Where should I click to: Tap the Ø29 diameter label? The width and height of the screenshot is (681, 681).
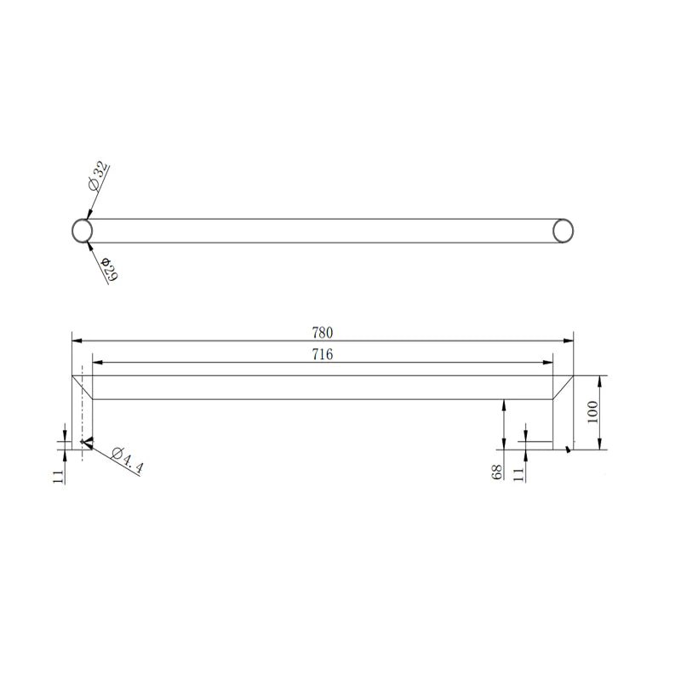(109, 269)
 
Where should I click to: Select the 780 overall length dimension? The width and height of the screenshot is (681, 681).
(322, 332)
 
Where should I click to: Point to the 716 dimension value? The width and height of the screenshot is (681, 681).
(322, 355)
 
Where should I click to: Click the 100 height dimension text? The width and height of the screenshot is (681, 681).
(593, 413)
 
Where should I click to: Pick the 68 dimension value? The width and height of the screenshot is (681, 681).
(495, 472)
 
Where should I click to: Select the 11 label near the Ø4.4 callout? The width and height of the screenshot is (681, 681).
(59, 475)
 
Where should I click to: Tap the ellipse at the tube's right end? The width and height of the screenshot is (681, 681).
(563, 231)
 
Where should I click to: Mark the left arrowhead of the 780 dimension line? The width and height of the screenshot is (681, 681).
(77, 340)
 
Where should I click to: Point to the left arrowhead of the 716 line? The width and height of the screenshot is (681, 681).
(97, 363)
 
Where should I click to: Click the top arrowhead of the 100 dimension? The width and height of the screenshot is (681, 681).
(601, 380)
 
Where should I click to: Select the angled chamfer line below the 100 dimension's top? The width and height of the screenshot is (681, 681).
(563, 387)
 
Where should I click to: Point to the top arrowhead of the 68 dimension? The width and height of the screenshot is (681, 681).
(505, 404)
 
